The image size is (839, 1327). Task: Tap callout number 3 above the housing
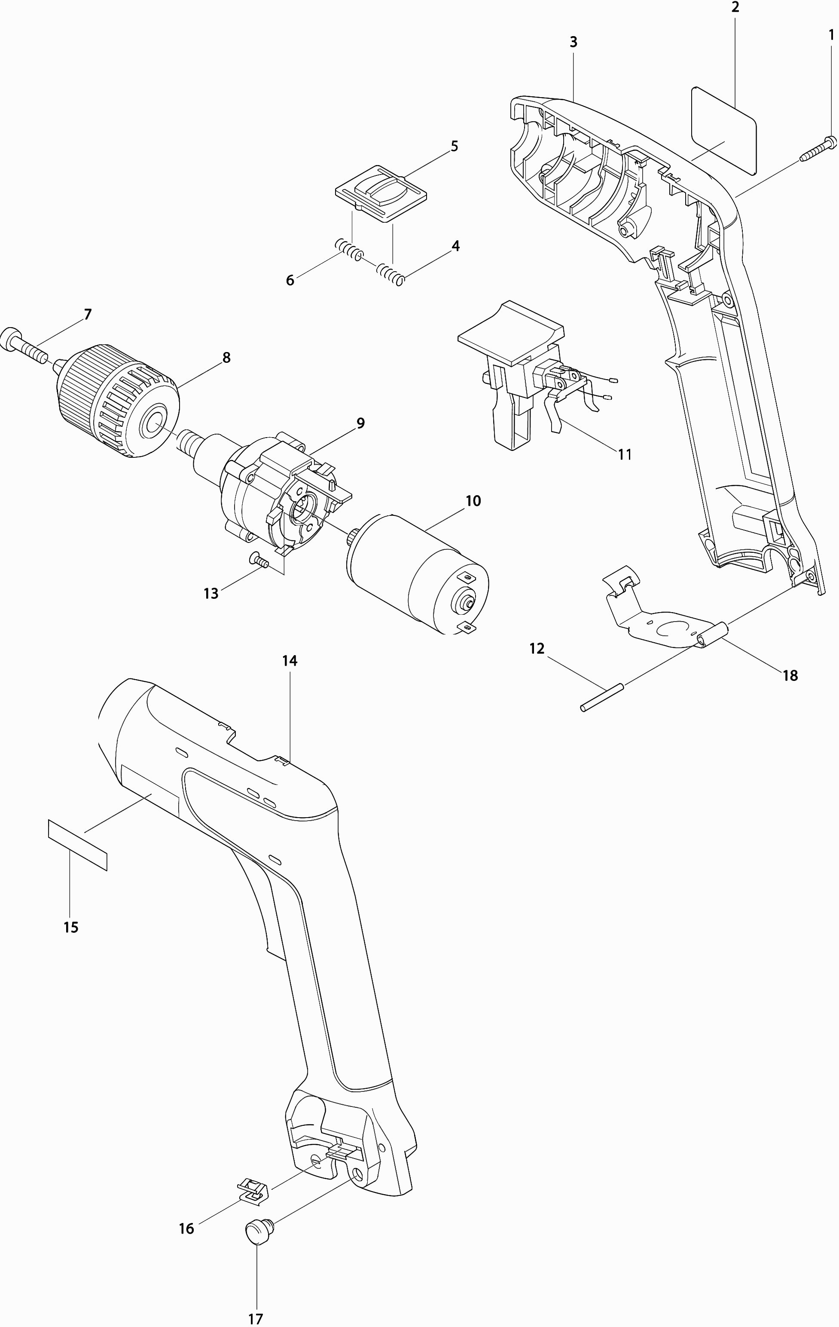pyautogui.click(x=573, y=42)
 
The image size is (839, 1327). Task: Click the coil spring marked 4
pyautogui.click(x=391, y=274)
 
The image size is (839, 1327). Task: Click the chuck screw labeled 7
pyautogui.click(x=25, y=345)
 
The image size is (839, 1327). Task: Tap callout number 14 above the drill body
pyautogui.click(x=290, y=660)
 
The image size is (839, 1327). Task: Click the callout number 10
pyautogui.click(x=473, y=501)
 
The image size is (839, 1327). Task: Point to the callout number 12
pyautogui.click(x=537, y=649)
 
